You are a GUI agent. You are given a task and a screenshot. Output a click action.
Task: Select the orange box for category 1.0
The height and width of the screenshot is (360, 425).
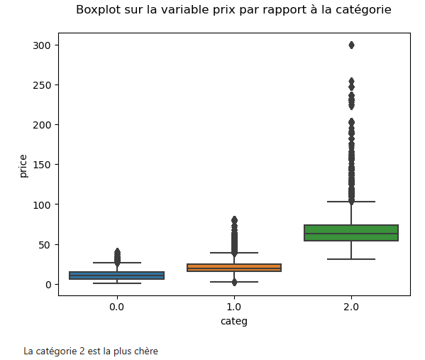point(234,268)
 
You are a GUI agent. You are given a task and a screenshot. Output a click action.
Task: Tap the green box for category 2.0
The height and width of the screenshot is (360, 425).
point(351,233)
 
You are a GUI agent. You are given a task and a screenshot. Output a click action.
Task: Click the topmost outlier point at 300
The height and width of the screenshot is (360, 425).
point(351,45)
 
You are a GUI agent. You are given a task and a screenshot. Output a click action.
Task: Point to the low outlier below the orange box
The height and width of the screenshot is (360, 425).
point(234,282)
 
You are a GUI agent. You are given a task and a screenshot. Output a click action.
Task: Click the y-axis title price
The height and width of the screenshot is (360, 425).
point(23,165)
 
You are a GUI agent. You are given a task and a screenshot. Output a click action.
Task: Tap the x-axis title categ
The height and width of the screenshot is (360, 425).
point(234,321)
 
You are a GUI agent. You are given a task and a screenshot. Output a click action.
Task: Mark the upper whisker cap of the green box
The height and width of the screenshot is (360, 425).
point(351,202)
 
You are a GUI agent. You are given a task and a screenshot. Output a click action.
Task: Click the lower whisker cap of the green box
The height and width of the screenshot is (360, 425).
point(351,259)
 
